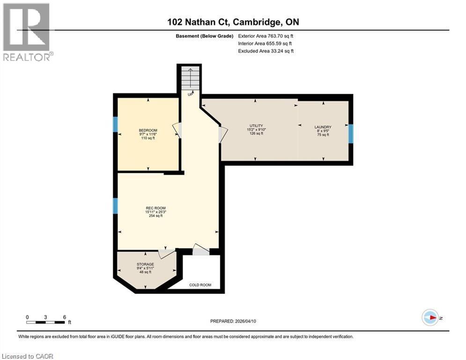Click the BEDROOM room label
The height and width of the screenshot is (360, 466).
148,130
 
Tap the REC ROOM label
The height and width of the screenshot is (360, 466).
155,208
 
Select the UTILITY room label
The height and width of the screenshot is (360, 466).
256,126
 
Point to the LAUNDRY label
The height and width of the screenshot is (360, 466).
323,127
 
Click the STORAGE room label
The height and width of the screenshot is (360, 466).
145,264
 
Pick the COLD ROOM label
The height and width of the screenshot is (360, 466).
200,285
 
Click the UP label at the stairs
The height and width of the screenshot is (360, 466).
190,94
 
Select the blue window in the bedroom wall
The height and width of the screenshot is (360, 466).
115,124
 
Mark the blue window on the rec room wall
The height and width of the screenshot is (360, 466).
115,205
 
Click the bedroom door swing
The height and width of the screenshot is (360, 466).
177,130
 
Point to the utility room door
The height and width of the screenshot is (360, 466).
223,135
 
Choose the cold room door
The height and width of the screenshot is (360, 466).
200,250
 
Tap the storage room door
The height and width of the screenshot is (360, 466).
166,254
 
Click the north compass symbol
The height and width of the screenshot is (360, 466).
430,317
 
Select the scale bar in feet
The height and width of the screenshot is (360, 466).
46,321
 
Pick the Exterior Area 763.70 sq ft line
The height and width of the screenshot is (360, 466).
266,36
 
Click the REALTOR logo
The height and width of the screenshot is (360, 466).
27,32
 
